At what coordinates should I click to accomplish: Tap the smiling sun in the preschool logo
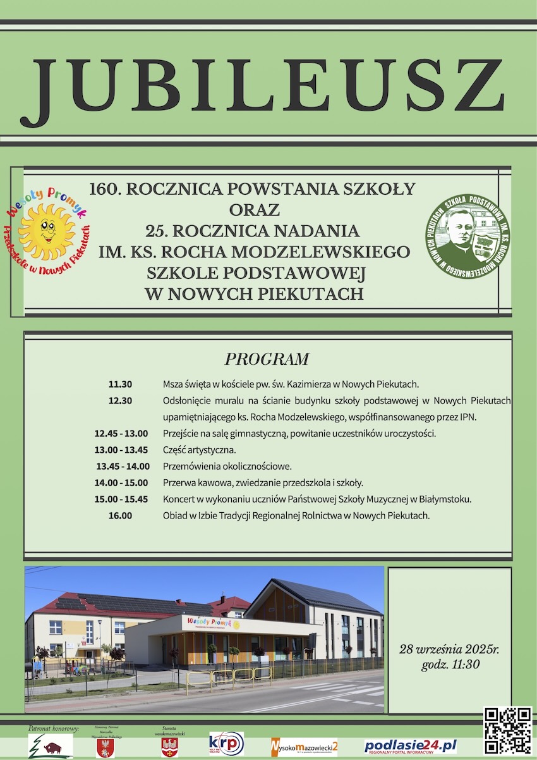tap(46, 231)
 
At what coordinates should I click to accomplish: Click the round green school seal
tap(467, 236)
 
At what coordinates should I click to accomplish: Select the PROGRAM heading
tap(267, 359)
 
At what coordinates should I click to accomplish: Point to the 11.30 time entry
tap(120, 384)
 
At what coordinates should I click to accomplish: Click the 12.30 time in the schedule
tap(120, 400)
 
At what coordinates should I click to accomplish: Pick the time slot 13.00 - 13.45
tap(121, 450)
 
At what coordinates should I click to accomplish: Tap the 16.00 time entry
tap(120, 515)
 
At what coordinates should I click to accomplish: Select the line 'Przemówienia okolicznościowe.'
tap(227, 466)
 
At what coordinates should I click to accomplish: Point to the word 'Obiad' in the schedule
tap(174, 515)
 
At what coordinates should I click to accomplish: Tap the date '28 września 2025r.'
tap(449, 649)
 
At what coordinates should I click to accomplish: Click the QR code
tap(507, 730)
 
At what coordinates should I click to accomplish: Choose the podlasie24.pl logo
tap(410, 746)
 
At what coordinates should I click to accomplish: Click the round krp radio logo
tap(226, 744)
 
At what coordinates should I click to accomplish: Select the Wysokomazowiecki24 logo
tap(305, 746)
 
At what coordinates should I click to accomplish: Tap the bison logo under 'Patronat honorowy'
tap(51, 746)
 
